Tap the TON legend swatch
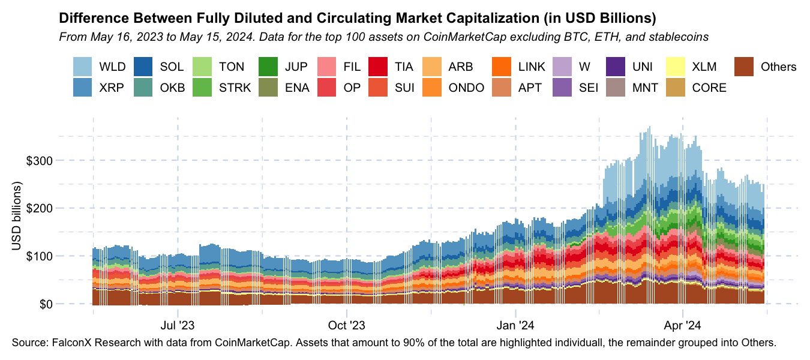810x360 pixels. coord(203,67)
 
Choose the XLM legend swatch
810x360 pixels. coord(677,67)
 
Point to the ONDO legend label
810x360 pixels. coord(466,88)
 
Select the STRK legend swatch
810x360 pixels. coord(203,88)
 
